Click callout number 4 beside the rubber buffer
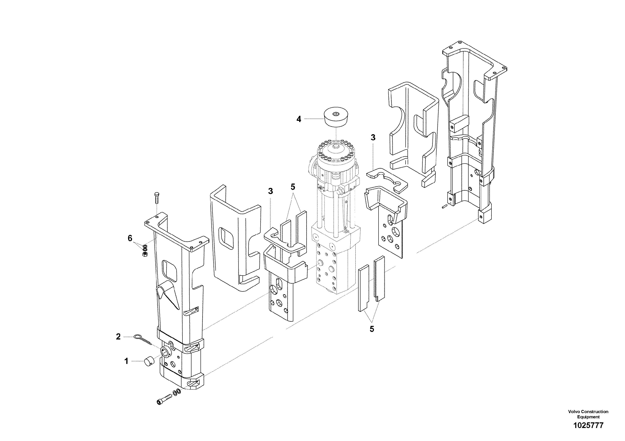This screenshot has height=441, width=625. coord(299,119)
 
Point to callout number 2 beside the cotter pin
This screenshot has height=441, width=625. coord(118,337)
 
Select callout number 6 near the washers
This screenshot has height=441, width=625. coord(130,238)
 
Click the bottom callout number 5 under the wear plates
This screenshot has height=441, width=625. coord(372,329)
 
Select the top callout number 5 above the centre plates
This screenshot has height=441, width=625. coord(293,187)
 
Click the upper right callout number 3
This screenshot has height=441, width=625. coord(373,138)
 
